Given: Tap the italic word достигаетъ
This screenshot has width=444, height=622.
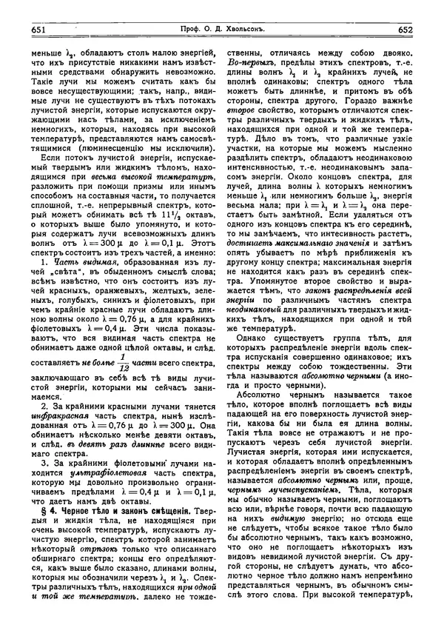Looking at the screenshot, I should click(252, 242).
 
